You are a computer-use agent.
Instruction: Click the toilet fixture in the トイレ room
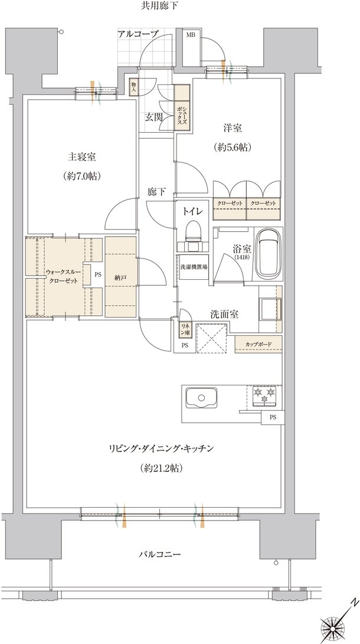tap(192, 233)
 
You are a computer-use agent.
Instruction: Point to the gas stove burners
tap(264, 395)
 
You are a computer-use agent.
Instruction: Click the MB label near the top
tap(191, 35)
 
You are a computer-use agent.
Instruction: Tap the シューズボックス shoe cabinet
tap(182, 107)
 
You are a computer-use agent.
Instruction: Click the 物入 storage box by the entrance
tap(133, 87)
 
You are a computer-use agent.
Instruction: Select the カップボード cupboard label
tap(258, 344)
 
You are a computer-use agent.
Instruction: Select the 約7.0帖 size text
tap(82, 176)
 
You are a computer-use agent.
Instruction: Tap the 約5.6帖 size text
tap(233, 148)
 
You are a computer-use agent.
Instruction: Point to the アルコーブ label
tap(138, 34)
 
